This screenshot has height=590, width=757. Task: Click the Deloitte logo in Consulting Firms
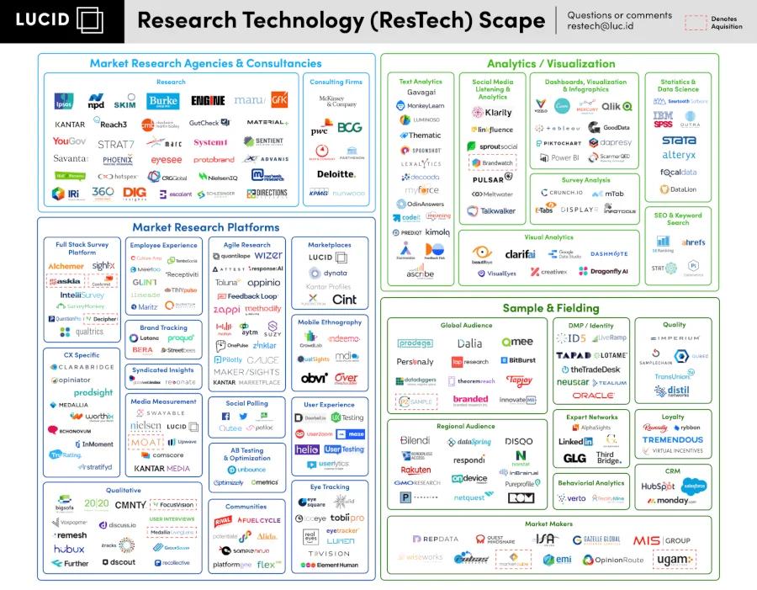point(336,173)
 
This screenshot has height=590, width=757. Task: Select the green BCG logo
point(349,128)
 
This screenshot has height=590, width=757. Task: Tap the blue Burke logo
point(163,101)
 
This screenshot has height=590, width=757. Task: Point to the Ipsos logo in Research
point(63,102)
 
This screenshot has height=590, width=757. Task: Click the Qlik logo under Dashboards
point(616,107)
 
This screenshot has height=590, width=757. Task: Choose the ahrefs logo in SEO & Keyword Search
point(694,242)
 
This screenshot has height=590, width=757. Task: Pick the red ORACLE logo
point(593,396)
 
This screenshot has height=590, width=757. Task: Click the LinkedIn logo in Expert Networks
point(575,441)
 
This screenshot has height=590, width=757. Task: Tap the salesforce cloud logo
point(694,486)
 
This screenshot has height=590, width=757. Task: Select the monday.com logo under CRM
point(677,501)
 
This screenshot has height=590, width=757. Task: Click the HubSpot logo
point(658,486)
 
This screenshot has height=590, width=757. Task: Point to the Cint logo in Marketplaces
point(344,300)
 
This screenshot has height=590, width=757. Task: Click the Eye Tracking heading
point(330,486)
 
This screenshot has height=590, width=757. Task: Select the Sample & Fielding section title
point(550,308)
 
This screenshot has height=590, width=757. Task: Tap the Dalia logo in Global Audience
point(469,343)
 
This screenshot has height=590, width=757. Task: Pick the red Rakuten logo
point(416,470)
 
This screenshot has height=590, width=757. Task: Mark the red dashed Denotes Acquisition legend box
point(695,23)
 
